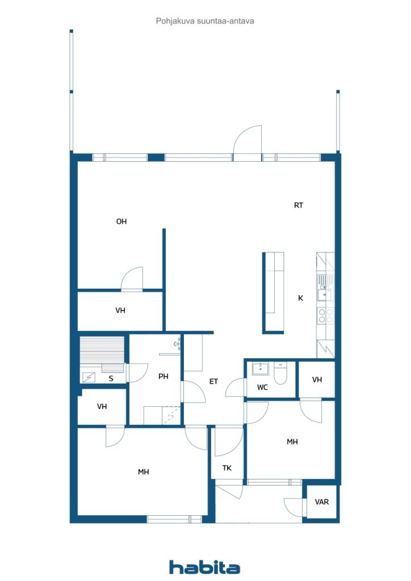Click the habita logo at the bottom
click(x=204, y=567)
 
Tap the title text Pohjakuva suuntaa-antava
click(x=205, y=21)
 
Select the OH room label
click(x=121, y=222)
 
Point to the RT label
click(x=299, y=205)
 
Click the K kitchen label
click(x=301, y=298)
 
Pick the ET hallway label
click(x=213, y=382)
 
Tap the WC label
click(x=262, y=388)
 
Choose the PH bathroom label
click(x=163, y=377)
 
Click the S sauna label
click(x=111, y=378)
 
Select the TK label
click(x=227, y=468)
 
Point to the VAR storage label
click(x=322, y=502)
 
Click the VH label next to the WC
click(x=317, y=380)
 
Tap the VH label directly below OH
click(x=120, y=310)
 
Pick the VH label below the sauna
click(x=102, y=406)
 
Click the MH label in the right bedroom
click(x=292, y=441)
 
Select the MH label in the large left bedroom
click(x=144, y=471)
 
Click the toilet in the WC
click(x=280, y=374)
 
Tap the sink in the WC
click(x=260, y=369)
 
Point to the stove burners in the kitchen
click(x=325, y=315)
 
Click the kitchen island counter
click(x=274, y=292)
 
